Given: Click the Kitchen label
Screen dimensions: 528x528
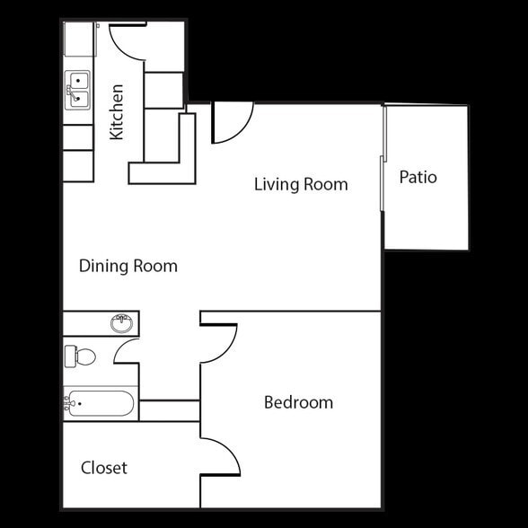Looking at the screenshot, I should pyautogui.click(x=116, y=112).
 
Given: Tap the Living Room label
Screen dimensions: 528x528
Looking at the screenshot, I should pyautogui.click(x=300, y=184).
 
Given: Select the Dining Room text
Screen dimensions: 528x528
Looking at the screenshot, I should pyautogui.click(x=128, y=266).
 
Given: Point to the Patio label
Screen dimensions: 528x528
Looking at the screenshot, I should pyautogui.click(x=418, y=177).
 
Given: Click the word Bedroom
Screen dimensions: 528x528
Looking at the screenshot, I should pyautogui.click(x=298, y=402).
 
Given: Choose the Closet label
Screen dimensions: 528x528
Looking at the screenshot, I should pyautogui.click(x=104, y=468).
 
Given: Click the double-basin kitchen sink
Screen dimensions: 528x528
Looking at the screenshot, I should pyautogui.click(x=77, y=91).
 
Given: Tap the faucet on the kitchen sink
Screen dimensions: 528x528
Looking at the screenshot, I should pyautogui.click(x=68, y=91).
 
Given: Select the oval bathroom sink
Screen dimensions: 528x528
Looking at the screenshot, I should pyautogui.click(x=123, y=322).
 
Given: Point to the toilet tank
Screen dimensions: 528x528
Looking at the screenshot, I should pyautogui.click(x=70, y=356).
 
